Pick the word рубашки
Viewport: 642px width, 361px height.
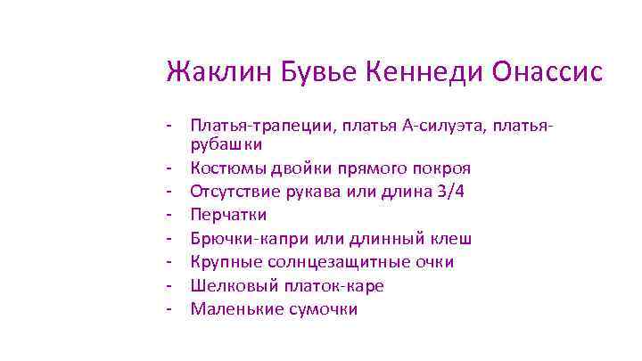pyautogui.click(x=226, y=144)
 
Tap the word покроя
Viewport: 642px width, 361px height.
pyautogui.click(x=442, y=168)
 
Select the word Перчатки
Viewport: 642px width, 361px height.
pyautogui.click(x=228, y=215)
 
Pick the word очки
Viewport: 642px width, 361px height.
pyautogui.click(x=432, y=262)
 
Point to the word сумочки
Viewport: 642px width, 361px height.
pyautogui.click(x=325, y=309)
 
